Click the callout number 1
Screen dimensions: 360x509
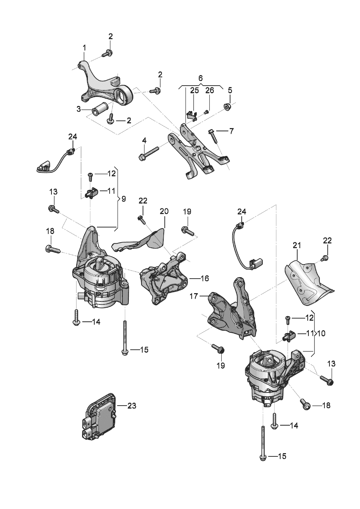[84, 48]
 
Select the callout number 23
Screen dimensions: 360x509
[132, 406]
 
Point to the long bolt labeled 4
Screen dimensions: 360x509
[149, 153]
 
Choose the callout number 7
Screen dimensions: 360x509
[231, 131]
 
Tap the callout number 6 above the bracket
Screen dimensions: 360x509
[200, 78]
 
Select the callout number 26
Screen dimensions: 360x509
[209, 90]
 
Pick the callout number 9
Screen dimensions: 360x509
[123, 199]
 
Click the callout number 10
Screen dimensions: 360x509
[321, 333]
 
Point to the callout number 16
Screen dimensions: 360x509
[205, 278]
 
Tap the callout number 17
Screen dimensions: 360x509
[194, 296]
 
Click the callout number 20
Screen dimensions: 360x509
[164, 211]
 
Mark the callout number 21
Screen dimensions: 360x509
[297, 245]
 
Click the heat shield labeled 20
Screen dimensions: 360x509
[139, 241]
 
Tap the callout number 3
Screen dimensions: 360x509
[79, 109]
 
